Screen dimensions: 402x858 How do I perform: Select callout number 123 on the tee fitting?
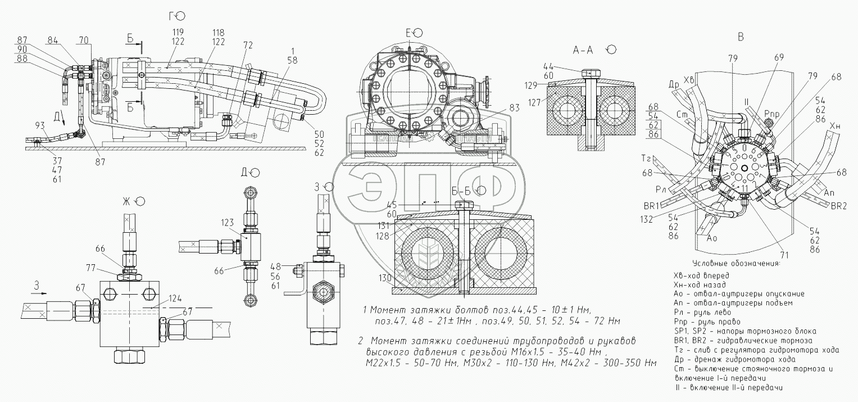(x=228, y=223)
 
